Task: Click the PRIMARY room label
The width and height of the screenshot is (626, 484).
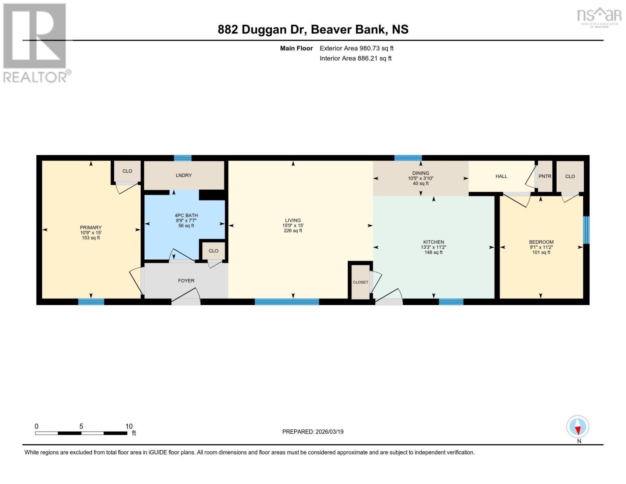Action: click(x=91, y=227)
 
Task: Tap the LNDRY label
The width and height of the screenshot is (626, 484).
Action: click(x=184, y=175)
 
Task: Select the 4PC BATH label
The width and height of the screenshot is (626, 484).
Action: click(x=186, y=215)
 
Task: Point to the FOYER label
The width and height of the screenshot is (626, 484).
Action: click(x=186, y=281)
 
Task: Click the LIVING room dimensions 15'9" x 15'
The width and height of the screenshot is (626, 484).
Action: click(x=293, y=226)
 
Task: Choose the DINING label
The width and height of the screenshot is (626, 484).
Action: click(x=420, y=173)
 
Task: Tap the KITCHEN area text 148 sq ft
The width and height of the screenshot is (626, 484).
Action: click(x=433, y=252)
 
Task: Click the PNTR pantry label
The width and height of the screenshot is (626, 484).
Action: click(x=545, y=176)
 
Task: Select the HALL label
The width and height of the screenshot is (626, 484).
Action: click(x=501, y=176)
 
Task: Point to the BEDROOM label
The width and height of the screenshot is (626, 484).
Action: click(x=541, y=242)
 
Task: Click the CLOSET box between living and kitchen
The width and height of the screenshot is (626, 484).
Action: click(x=360, y=282)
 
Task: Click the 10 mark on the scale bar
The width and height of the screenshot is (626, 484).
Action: click(x=129, y=426)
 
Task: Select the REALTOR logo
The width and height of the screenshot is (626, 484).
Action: click(x=35, y=42)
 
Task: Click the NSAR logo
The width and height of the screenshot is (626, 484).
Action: click(x=599, y=16)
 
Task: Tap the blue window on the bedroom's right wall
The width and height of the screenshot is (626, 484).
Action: click(x=586, y=230)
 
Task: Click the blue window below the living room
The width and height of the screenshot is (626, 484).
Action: click(x=287, y=301)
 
